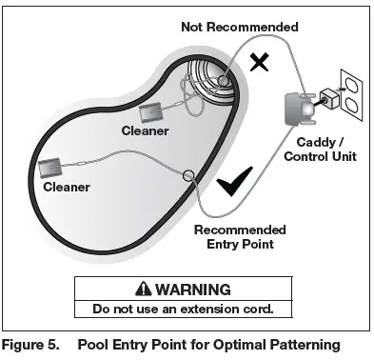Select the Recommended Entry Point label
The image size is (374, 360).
tap(239, 237)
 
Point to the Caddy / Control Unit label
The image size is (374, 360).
tap(320, 149)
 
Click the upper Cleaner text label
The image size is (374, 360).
tap(145, 130)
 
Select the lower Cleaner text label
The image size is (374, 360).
tap(67, 189)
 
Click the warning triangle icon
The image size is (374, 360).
tap(143, 289)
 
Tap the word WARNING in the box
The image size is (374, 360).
tap(193, 289)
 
